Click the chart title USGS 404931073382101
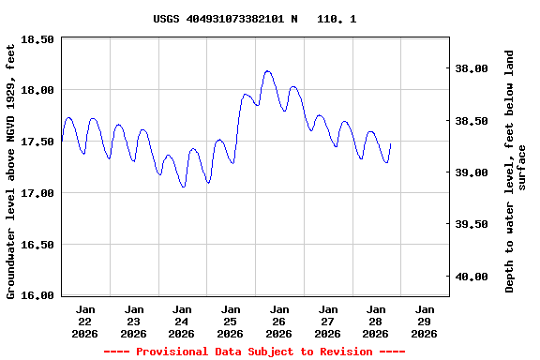coord(254,19)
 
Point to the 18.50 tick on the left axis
coord(37,39)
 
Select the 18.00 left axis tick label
coord(37,90)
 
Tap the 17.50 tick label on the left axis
coord(37,142)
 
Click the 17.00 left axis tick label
coord(37,193)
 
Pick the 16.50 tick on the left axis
coord(37,245)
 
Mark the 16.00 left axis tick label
coord(37,295)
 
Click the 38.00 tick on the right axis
coord(472,68)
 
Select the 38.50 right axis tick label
coord(472,121)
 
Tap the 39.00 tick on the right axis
coord(472,172)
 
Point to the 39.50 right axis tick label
coord(472,224)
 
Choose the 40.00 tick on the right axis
coord(472,277)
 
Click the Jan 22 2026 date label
coord(85,321)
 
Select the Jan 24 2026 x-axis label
coord(182,321)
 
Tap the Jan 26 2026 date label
coord(278,321)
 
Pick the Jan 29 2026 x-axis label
coord(424,321)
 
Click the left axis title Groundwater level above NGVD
coord(11,171)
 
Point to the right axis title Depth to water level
coord(516,171)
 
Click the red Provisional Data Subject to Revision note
coord(254,352)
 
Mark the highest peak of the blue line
coord(268,70)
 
